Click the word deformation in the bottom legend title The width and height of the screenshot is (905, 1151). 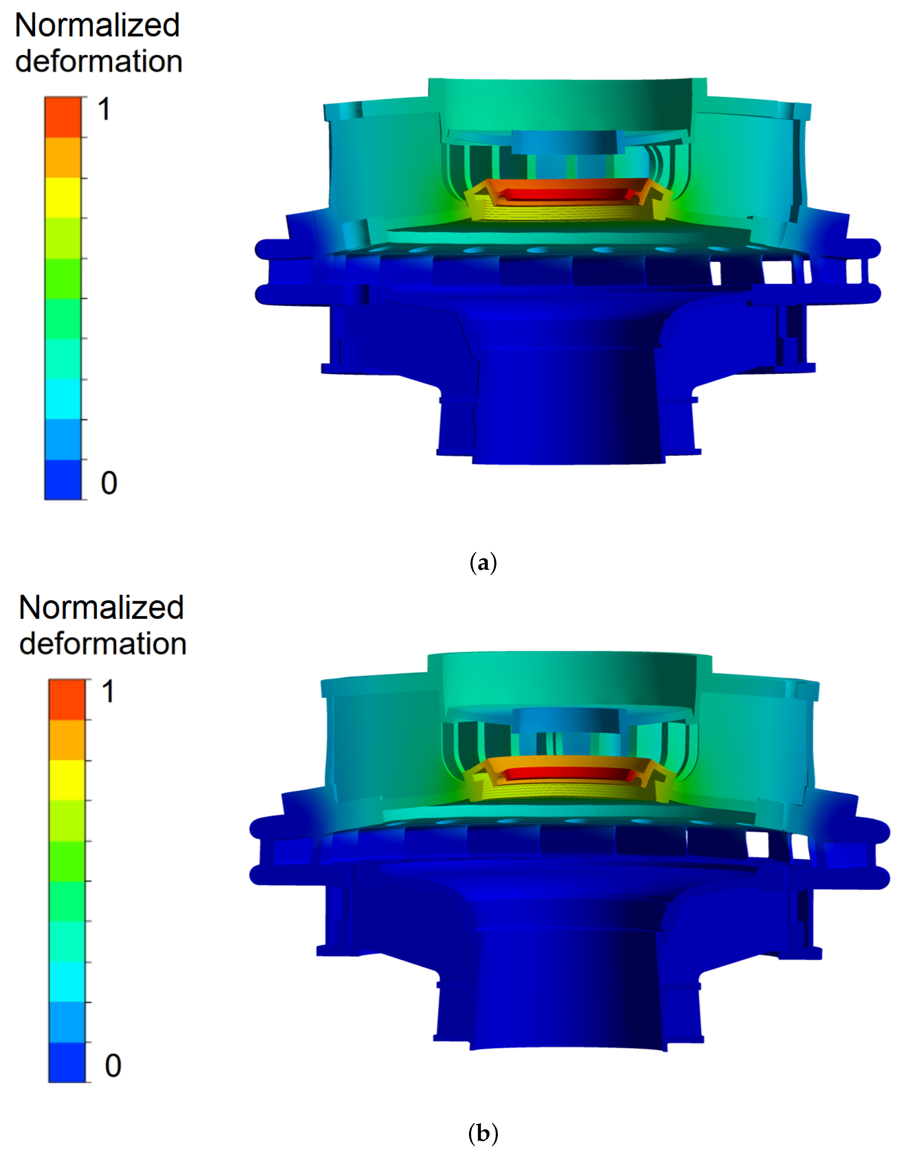pos(103,644)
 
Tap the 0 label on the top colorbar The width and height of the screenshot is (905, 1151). pos(109,482)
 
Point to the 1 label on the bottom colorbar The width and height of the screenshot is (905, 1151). pos(108,692)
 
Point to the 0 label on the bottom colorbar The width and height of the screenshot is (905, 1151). pos(113,1065)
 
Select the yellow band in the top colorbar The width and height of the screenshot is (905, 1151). pos(63,198)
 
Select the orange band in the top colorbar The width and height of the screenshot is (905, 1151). pos(63,157)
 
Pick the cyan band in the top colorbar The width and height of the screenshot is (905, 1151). pos(63,398)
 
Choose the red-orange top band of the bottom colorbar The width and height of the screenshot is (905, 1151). pos(67,699)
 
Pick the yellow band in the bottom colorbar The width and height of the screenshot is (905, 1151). pos(67,780)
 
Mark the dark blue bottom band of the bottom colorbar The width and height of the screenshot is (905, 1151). pos(67,1062)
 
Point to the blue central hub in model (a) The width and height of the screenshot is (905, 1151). pos(564,142)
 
